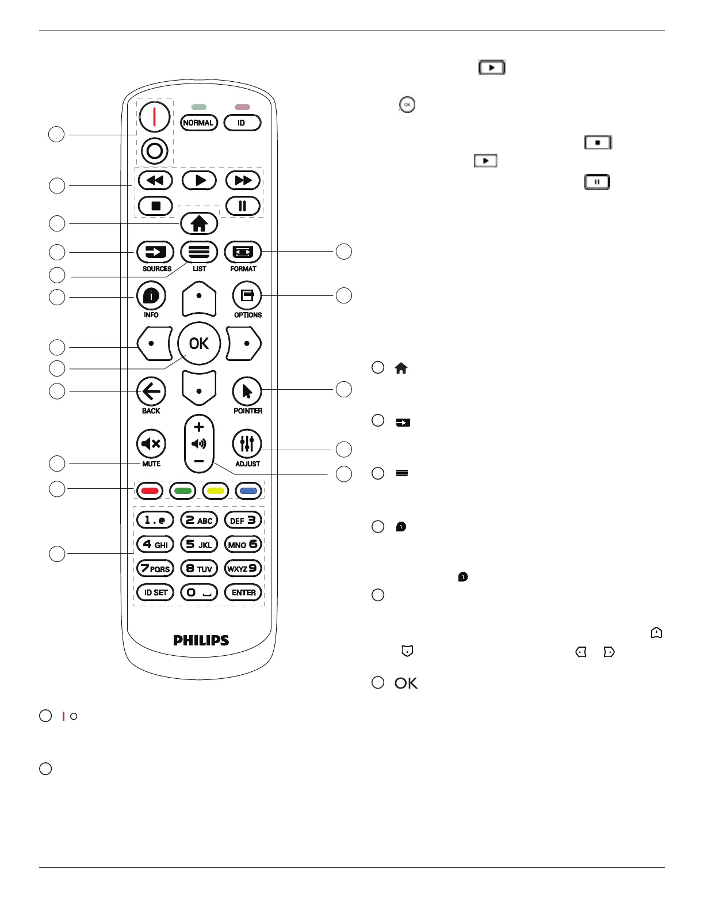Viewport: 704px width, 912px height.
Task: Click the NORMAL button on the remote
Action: (198, 123)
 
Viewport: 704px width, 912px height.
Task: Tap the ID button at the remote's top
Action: (242, 123)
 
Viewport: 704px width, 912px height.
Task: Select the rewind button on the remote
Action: (155, 180)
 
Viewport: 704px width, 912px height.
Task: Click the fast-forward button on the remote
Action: (243, 180)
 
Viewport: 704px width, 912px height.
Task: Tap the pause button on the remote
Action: (243, 206)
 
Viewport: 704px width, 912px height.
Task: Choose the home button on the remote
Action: (199, 223)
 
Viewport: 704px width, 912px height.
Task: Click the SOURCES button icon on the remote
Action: (155, 252)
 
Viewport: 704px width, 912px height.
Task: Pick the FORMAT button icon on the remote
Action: (243, 252)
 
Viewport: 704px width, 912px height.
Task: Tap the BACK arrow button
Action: (151, 392)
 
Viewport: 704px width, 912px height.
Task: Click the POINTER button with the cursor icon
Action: (247, 392)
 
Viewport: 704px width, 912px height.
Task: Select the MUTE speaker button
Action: (151, 443)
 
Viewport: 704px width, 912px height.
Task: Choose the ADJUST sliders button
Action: (247, 443)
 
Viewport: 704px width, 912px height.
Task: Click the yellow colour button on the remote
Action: (216, 491)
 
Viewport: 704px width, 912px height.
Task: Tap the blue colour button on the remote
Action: (249, 491)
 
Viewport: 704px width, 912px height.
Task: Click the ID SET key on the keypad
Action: (155, 592)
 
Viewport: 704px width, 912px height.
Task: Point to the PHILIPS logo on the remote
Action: (201, 640)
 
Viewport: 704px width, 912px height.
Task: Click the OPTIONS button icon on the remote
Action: (247, 296)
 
